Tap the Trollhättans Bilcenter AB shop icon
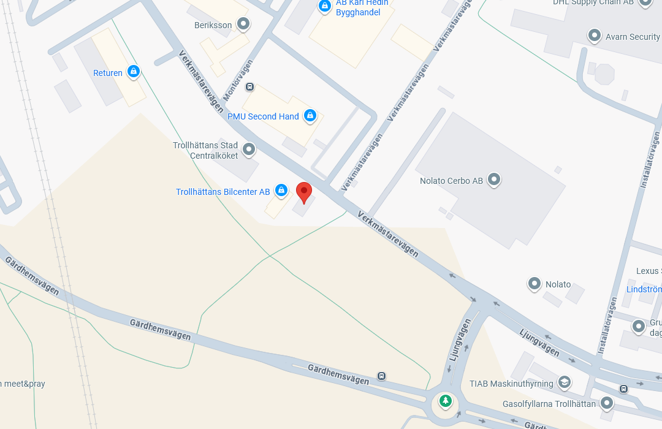[x=281, y=191]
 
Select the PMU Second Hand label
[x=263, y=116]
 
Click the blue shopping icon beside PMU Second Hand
[x=310, y=115]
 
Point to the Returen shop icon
[x=133, y=72]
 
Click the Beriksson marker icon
[x=243, y=25]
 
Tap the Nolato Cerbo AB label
[x=451, y=181]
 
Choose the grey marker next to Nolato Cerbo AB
[x=494, y=180]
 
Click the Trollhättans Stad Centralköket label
[x=205, y=151]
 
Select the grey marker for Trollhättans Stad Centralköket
[x=249, y=149]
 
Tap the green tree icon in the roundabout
[x=446, y=401]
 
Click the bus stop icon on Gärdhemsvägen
[x=382, y=376]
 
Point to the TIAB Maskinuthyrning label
[x=511, y=384]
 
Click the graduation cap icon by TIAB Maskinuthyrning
[x=564, y=382]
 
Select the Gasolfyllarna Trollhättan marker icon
[x=607, y=403]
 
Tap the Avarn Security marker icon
[x=594, y=36]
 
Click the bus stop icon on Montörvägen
[x=249, y=87]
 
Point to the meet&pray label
[x=23, y=384]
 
